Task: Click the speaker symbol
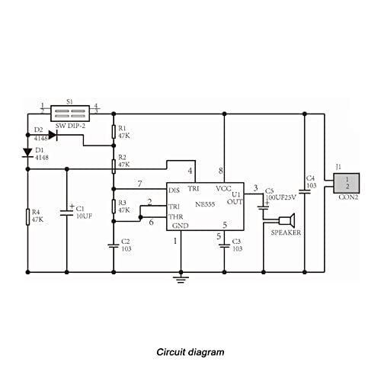(287, 220)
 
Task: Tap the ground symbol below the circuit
(181, 279)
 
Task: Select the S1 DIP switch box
(70, 114)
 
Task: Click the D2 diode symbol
(53, 135)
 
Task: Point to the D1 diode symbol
(27, 153)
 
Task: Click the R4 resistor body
(27, 217)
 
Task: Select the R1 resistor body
(114, 132)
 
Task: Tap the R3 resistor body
(114, 207)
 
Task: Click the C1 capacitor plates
(67, 213)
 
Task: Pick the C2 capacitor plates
(114, 246)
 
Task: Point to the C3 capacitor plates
(224, 246)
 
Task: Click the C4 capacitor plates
(305, 191)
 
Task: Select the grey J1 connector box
(347, 183)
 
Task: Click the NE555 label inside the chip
(205, 204)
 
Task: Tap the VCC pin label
(223, 189)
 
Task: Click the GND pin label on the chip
(181, 226)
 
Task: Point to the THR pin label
(176, 217)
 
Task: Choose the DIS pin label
(174, 190)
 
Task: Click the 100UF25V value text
(281, 197)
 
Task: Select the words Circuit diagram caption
(190, 352)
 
